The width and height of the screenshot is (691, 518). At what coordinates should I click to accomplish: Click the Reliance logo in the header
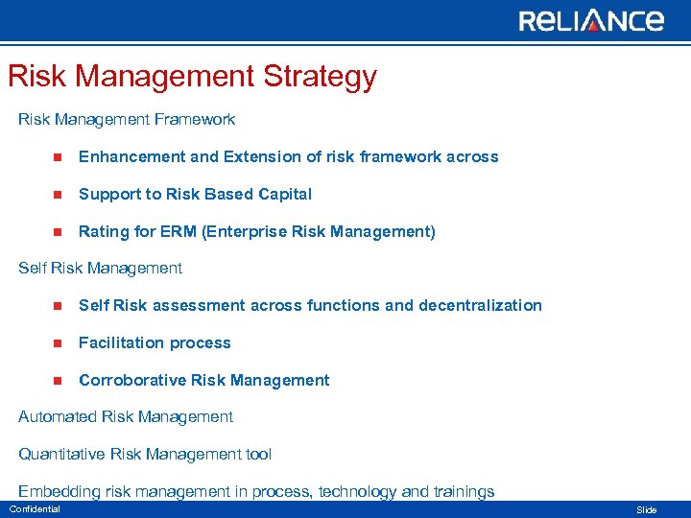(591, 20)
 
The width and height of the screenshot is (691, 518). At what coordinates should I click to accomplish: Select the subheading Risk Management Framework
(127, 120)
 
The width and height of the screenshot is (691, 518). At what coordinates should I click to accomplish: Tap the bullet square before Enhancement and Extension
(58, 157)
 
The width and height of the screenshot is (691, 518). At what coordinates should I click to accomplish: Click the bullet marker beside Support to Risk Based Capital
(58, 195)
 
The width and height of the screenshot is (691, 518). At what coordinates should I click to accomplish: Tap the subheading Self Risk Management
(100, 268)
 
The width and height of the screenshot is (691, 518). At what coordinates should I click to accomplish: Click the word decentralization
(480, 305)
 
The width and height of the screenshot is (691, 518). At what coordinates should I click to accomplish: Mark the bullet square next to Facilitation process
(58, 343)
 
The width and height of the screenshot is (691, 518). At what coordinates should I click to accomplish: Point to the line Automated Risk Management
(126, 416)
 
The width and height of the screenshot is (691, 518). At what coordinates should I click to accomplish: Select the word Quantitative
(61, 454)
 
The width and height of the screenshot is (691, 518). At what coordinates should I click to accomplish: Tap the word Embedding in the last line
(60, 491)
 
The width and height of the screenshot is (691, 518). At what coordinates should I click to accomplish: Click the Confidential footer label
(35, 509)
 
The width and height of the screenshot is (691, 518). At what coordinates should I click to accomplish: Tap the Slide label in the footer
(647, 510)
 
